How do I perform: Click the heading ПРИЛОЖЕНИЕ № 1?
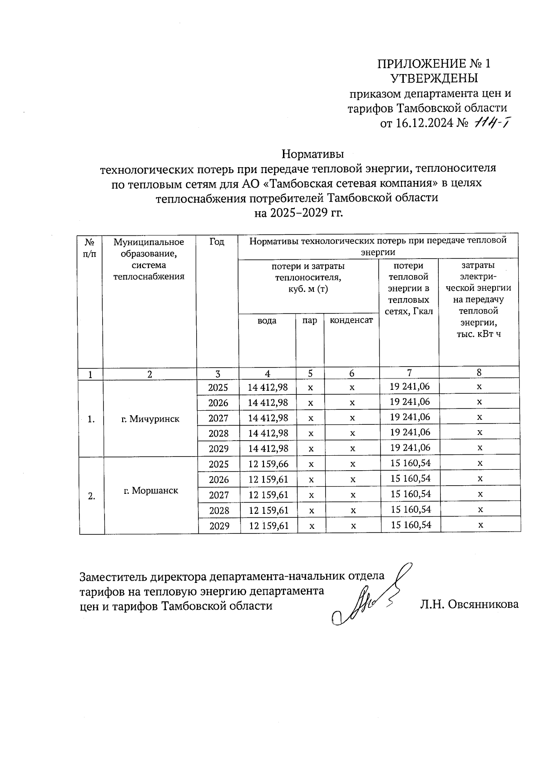point(434,64)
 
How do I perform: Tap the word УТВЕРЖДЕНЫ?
point(434,78)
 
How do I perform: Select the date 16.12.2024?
point(424,124)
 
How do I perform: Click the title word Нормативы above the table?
point(312,154)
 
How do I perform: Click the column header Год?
point(217,242)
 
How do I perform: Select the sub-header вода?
point(267,321)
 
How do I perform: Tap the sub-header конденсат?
point(351,320)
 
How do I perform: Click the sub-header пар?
point(310,321)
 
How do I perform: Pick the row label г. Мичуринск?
point(150,419)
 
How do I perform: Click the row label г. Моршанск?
point(151,491)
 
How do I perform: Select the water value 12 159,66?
point(268,464)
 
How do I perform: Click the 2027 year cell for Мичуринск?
point(218,418)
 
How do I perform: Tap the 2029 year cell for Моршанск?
point(219,526)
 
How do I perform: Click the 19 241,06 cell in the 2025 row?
point(410,387)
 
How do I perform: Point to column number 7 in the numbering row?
point(409,373)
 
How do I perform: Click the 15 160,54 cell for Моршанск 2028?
point(411,510)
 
